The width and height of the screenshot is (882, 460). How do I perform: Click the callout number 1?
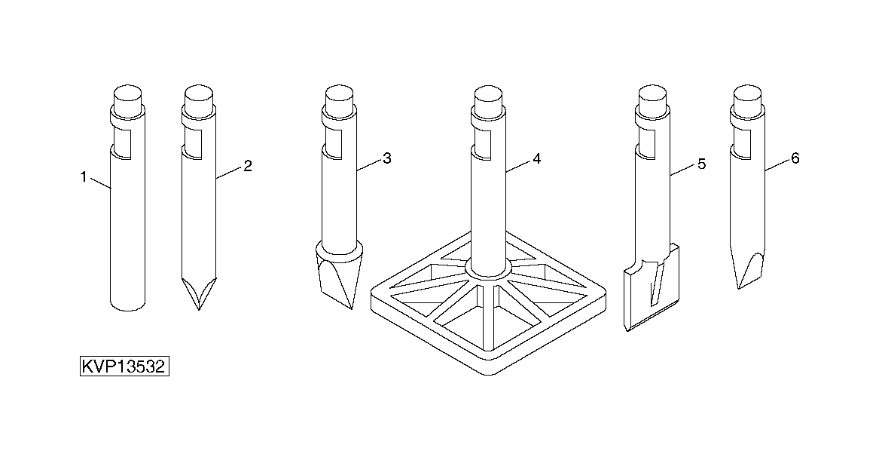click(84, 177)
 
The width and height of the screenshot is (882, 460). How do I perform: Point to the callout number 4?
click(536, 158)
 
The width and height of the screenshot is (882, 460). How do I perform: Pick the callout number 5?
click(700, 164)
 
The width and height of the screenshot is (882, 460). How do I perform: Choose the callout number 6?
click(795, 158)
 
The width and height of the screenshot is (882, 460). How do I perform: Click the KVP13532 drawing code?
click(124, 367)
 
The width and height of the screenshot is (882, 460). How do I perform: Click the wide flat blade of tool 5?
click(649, 290)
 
